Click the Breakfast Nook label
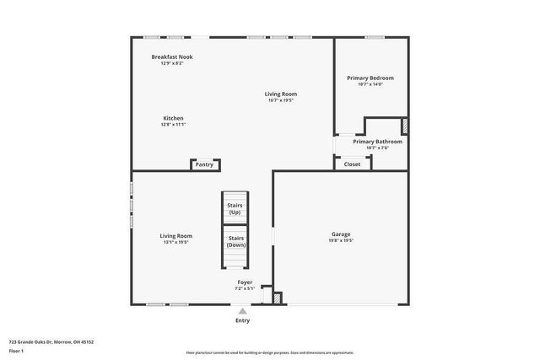172,56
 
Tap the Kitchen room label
173,118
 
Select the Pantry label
204,164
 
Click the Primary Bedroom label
370,78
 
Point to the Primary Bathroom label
377,142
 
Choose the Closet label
352,164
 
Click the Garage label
340,234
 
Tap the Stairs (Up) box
235,208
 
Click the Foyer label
245,282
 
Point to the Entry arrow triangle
243,311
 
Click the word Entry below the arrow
243,320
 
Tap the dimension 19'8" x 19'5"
340,240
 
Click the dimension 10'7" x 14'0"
370,83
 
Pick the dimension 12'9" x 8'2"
172,62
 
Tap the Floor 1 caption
15,350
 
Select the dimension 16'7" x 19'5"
280,100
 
